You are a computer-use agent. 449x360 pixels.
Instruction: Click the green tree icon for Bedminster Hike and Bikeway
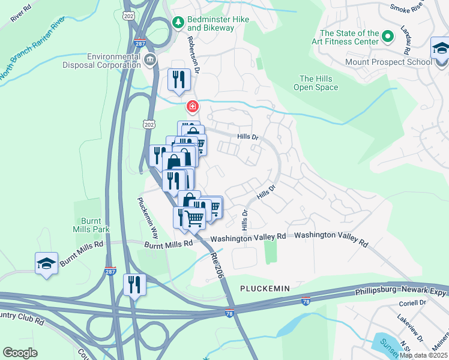[178, 22]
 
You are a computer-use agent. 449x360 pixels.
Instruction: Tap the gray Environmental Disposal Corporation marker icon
[149, 59]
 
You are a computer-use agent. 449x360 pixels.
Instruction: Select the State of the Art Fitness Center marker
[388, 37]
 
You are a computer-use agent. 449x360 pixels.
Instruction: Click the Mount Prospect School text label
[387, 62]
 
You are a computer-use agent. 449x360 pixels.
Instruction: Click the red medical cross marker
[192, 107]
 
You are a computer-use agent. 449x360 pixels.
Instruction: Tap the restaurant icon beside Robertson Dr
[178, 80]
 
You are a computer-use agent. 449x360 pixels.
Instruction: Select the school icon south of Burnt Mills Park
[46, 263]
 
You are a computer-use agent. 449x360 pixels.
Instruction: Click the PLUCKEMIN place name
[265, 289]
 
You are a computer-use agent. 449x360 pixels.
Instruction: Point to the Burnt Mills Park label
[88, 225]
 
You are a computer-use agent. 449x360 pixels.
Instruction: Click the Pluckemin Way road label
[148, 218]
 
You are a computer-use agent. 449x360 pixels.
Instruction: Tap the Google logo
[20, 353]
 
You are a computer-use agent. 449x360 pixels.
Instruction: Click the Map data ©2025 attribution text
[423, 355]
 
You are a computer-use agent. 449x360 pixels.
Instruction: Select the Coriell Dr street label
[411, 302]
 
